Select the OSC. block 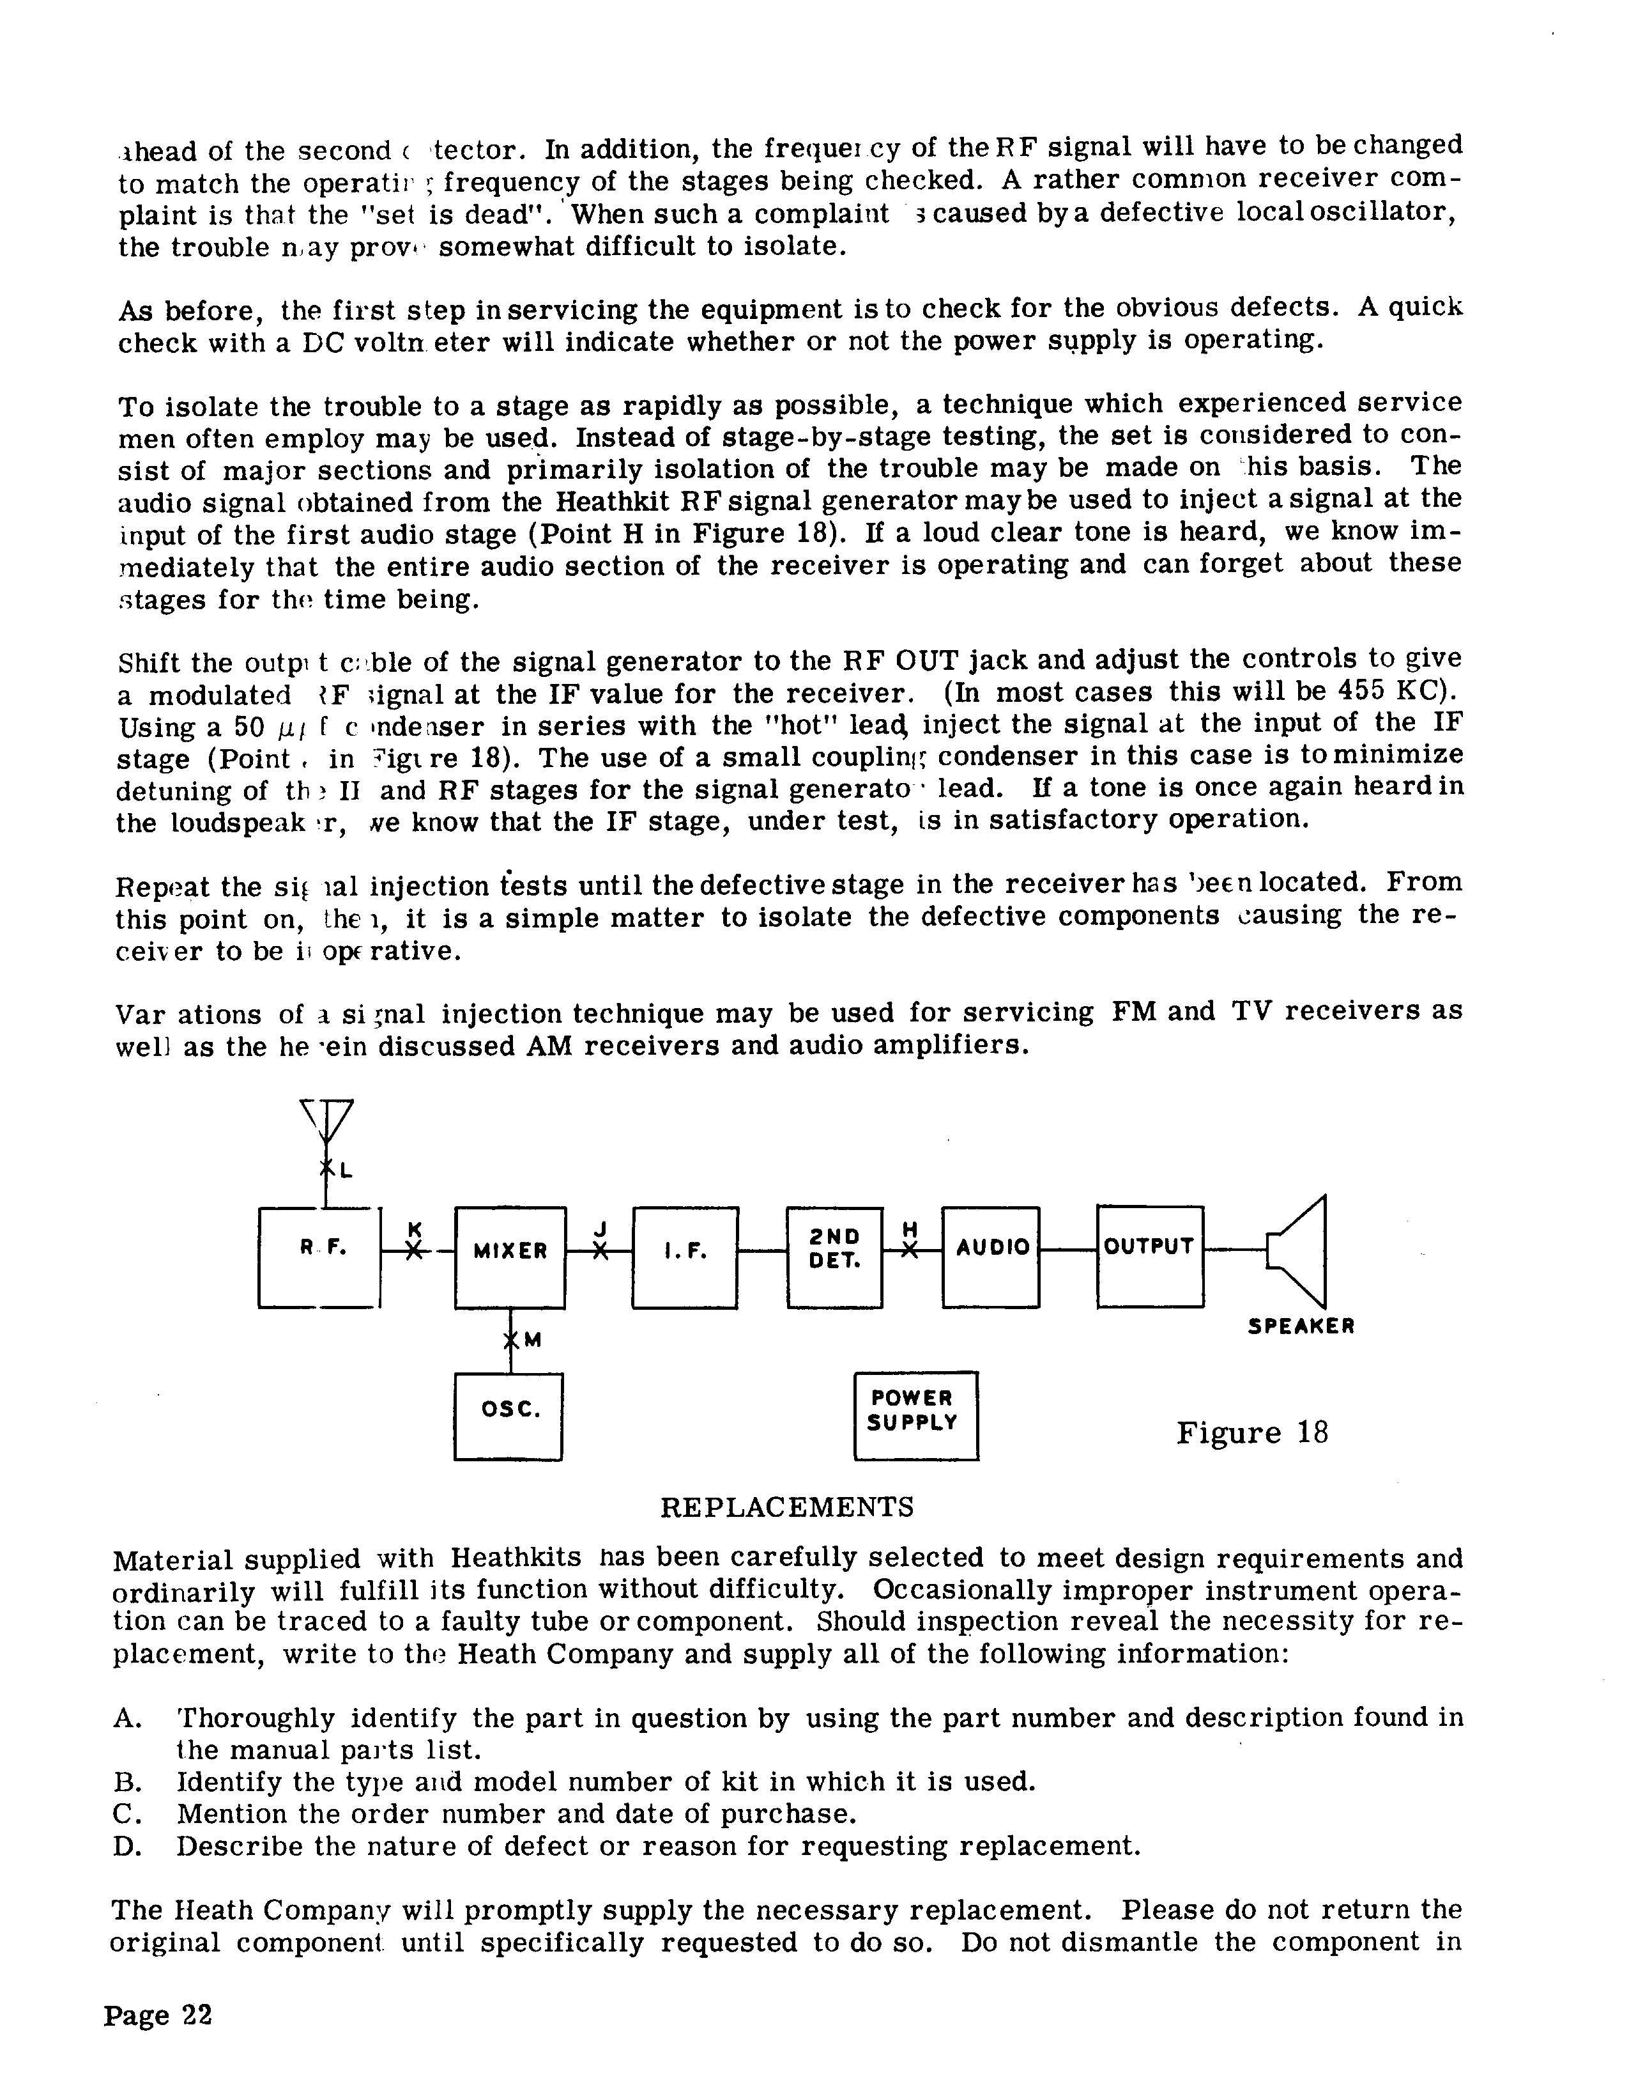(x=509, y=1416)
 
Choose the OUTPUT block (x=1149, y=1257)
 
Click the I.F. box (x=685, y=1257)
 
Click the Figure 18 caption (x=1252, y=1433)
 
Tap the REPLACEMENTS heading (x=786, y=1507)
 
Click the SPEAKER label (x=1301, y=1327)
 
